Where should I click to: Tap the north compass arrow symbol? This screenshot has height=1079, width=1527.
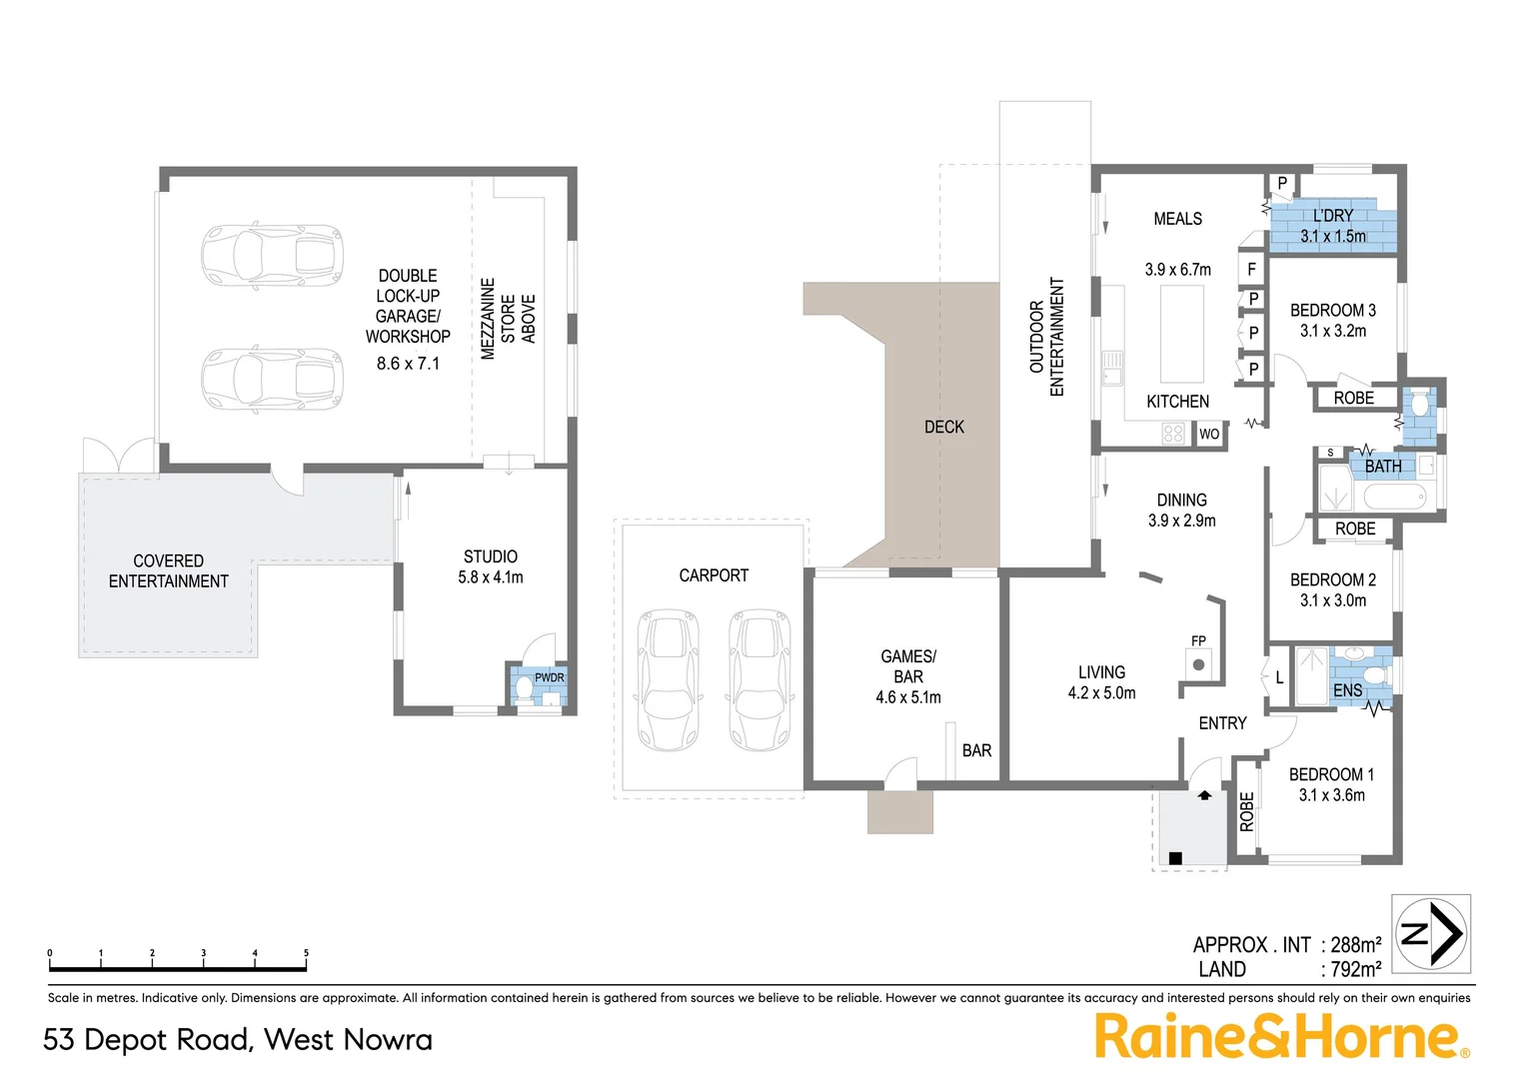[1431, 934]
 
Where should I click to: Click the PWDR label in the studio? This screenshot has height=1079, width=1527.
[549, 677]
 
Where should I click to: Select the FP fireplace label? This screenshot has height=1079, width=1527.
[1198, 641]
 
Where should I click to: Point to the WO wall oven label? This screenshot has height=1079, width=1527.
[1209, 434]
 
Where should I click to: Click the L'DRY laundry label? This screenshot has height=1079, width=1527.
[1333, 216]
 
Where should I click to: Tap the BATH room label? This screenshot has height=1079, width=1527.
[1383, 467]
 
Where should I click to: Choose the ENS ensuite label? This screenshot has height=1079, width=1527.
[1347, 690]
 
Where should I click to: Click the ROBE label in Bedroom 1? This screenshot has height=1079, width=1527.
[1246, 812]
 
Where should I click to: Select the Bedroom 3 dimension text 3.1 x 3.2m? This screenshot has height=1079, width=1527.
[1332, 331]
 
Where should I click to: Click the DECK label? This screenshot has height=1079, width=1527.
[943, 427]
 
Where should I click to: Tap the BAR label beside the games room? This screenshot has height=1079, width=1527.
[976, 750]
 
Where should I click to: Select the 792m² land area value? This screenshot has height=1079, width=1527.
[1355, 969]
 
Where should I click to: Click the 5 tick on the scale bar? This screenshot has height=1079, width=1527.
[306, 954]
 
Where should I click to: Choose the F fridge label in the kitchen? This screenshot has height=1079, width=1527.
[1251, 270]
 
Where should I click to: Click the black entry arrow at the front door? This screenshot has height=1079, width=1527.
[1204, 796]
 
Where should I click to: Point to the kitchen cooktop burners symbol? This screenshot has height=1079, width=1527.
[1173, 434]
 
